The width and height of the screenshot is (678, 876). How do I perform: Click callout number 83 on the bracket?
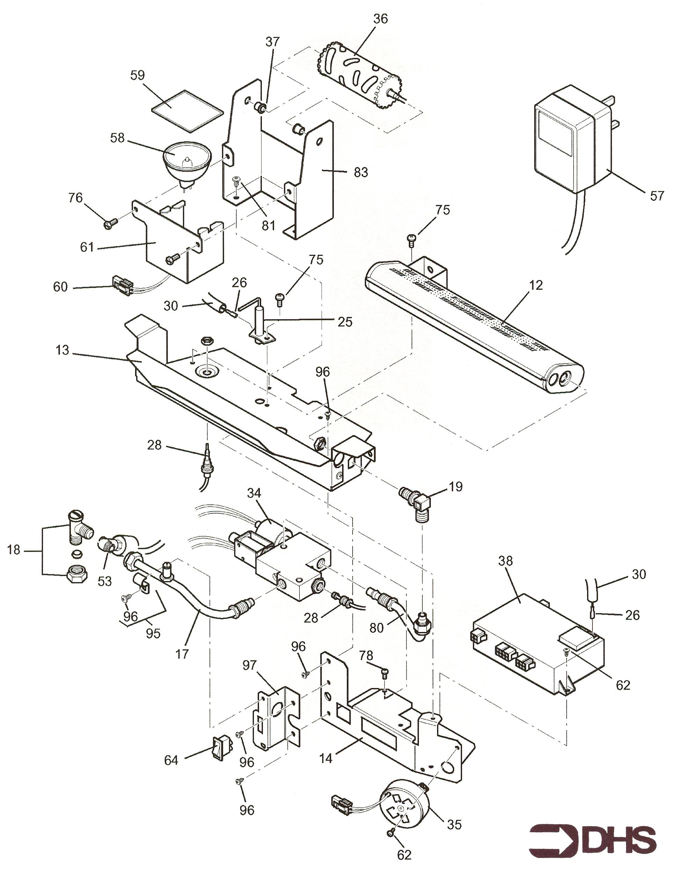pyautogui.click(x=361, y=172)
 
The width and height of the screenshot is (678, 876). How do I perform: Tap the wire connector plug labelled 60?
pyautogui.click(x=122, y=285)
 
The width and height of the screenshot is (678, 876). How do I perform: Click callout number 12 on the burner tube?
pyautogui.click(x=535, y=285)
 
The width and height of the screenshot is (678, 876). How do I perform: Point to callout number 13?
pyautogui.click(x=62, y=350)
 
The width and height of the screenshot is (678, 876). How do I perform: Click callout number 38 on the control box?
pyautogui.click(x=506, y=561)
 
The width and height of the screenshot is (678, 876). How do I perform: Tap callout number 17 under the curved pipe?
pyautogui.click(x=182, y=654)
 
